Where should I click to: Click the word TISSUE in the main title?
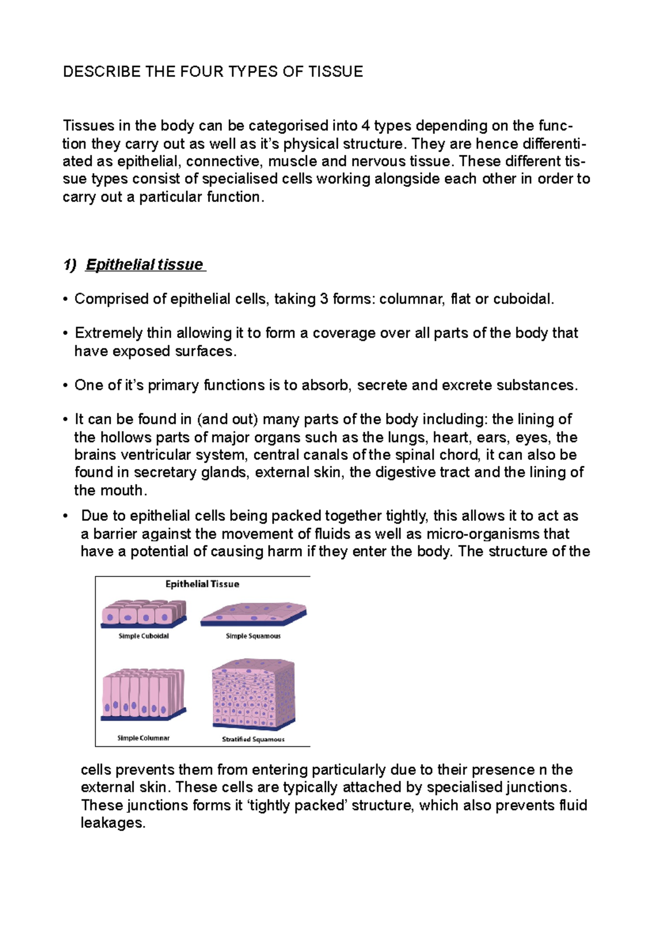[335, 72]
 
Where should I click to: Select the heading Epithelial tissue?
[144, 265]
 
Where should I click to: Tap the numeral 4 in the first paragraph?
[366, 126]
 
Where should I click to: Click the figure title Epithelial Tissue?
[202, 584]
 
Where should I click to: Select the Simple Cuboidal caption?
[144, 636]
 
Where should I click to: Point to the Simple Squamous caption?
[253, 636]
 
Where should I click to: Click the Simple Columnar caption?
[143, 738]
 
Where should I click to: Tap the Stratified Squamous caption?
[253, 739]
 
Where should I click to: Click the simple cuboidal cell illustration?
[144, 614]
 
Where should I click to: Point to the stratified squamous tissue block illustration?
[253, 694]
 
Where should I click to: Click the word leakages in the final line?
[113, 823]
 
